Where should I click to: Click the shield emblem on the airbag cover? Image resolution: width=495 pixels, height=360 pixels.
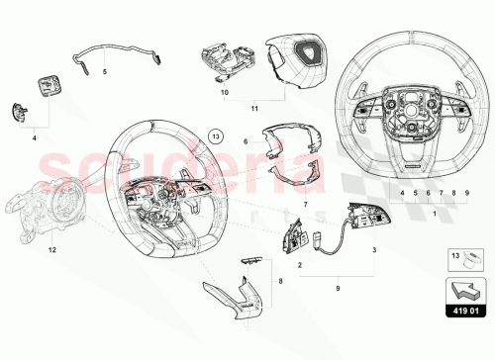(x=289, y=57)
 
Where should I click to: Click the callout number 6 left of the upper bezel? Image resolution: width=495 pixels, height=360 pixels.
(x=244, y=142)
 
